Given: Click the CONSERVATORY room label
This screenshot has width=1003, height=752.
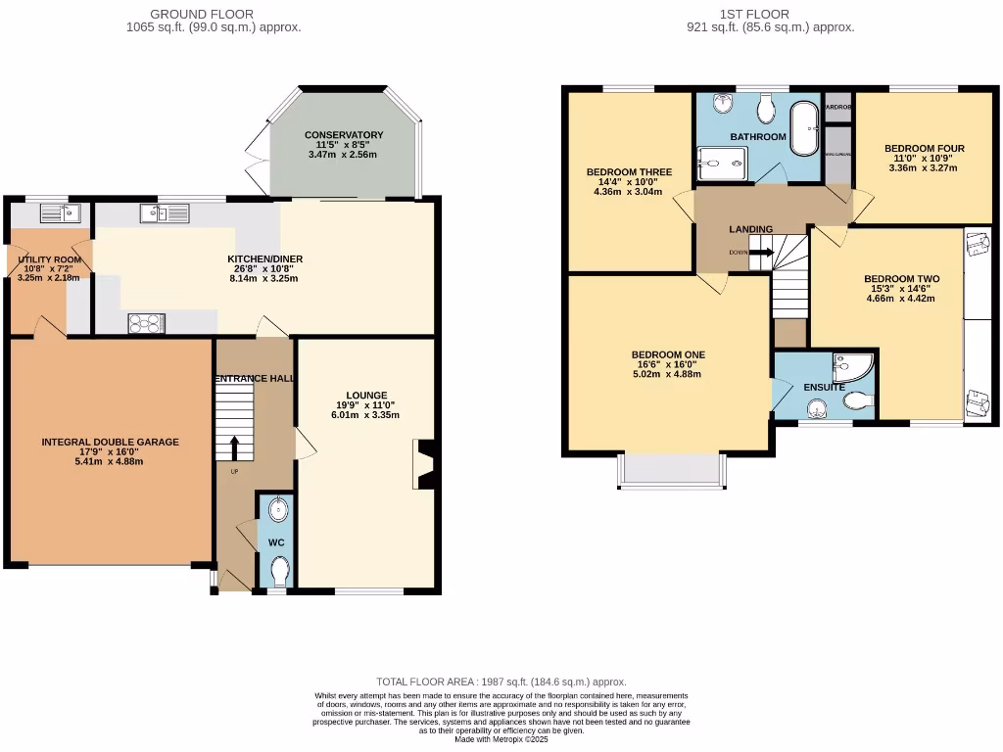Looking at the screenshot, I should coord(343,135).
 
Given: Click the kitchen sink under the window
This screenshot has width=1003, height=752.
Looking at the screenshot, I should coord(163,212).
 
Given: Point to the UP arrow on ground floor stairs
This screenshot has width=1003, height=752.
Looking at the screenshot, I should coord(234,447).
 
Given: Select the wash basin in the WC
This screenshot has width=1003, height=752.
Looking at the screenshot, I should coord(278,509).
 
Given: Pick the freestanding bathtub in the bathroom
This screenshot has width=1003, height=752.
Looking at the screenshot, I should coord(805,129).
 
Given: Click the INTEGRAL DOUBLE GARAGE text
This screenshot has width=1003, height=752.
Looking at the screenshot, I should coord(110,443).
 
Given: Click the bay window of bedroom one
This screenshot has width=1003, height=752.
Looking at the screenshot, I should coord(670,471).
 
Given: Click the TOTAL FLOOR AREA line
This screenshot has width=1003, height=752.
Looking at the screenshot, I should coord(501,681).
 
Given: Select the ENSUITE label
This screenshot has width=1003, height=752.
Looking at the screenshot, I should coord(825,388).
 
